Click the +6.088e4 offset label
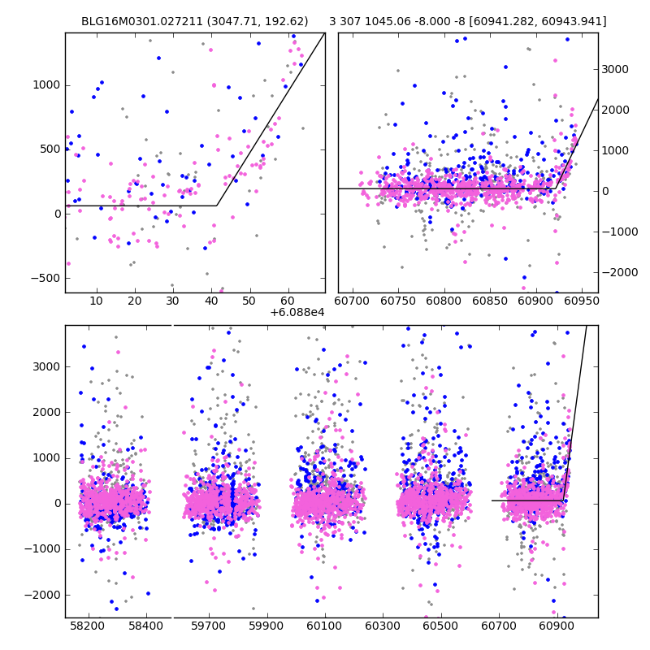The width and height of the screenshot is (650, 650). [297, 311]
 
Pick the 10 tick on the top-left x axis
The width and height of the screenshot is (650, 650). [97, 301]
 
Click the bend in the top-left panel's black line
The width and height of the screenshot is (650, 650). [217, 206]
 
